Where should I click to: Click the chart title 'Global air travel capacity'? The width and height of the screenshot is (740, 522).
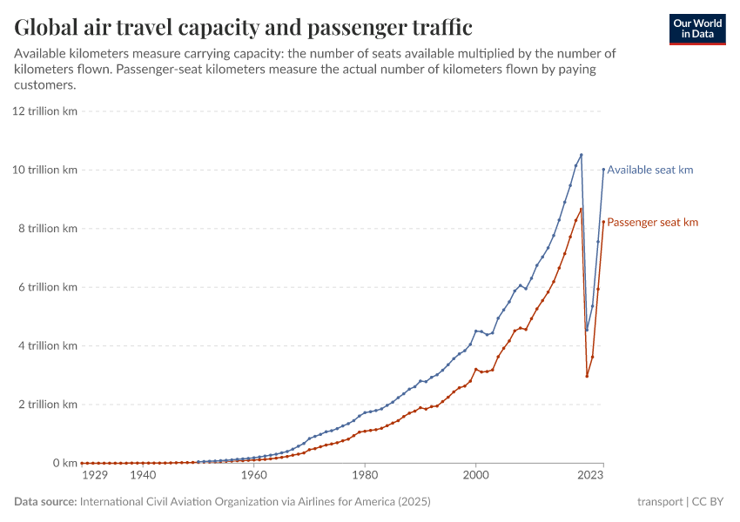click(x=243, y=28)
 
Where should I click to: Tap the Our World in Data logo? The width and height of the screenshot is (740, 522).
click(x=696, y=29)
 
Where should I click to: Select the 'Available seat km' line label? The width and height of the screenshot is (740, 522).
click(x=649, y=170)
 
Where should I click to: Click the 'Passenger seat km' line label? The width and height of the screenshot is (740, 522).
click(x=652, y=223)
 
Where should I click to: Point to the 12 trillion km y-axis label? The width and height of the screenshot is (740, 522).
click(x=44, y=111)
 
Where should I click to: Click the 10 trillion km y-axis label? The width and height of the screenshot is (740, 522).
click(x=44, y=170)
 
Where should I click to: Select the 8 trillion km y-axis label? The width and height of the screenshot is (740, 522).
click(x=47, y=229)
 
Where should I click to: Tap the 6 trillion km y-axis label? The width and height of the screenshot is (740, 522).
click(x=47, y=287)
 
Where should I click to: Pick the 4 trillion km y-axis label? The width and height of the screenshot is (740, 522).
click(x=47, y=345)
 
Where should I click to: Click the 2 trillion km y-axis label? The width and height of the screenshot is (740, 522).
click(x=47, y=405)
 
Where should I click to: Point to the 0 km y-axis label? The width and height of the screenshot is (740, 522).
click(x=61, y=463)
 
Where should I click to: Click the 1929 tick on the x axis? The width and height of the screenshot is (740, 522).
click(x=94, y=476)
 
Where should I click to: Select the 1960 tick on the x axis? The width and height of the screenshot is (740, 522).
click(x=253, y=476)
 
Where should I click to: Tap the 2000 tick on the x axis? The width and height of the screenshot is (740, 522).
click(x=475, y=476)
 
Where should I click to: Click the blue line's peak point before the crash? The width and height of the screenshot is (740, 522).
click(x=581, y=155)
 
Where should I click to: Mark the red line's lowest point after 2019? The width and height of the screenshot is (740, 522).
click(x=587, y=376)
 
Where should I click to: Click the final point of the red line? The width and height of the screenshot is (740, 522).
click(x=603, y=222)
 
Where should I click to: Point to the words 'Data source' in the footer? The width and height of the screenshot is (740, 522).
click(x=44, y=502)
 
